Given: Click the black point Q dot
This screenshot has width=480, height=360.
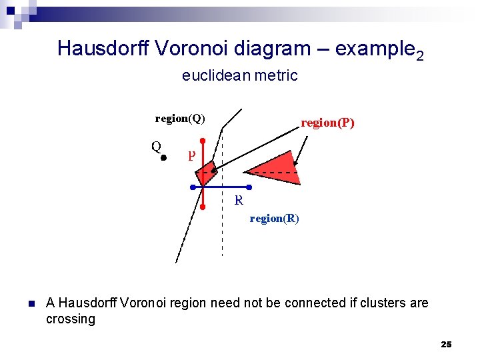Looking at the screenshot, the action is [x=163, y=159].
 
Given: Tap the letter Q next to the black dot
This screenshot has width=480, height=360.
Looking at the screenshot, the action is [x=155, y=146].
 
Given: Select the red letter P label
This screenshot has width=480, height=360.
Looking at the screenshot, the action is [x=191, y=155].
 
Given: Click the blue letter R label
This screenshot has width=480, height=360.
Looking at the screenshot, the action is [x=239, y=200].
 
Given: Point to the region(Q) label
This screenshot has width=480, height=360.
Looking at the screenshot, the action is [x=180, y=119].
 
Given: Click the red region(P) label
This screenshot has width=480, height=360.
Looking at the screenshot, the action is [x=327, y=123].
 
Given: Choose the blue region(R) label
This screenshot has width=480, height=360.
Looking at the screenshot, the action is [x=274, y=218].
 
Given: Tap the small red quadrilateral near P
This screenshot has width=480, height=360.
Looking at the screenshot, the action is [x=205, y=172].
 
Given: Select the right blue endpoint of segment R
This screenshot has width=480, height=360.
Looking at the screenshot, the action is [x=248, y=187].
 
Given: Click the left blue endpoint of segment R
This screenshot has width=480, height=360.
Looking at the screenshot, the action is [x=192, y=187].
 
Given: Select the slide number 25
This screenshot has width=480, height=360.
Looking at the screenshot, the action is [x=446, y=345].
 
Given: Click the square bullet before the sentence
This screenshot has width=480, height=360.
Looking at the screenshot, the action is [x=31, y=304].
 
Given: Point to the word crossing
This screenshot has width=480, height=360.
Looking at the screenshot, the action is [x=71, y=319].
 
